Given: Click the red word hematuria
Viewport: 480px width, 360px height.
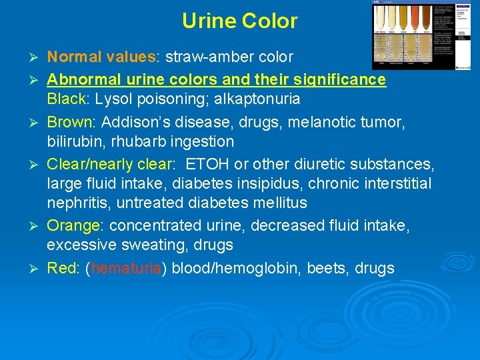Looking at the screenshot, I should [125, 269].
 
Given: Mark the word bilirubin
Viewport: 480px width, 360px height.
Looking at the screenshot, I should [75, 141].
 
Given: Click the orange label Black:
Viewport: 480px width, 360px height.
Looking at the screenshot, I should [69, 99].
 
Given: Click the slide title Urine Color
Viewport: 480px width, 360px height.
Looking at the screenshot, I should [239, 21].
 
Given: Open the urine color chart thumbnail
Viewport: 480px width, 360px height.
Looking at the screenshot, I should [421, 35].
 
